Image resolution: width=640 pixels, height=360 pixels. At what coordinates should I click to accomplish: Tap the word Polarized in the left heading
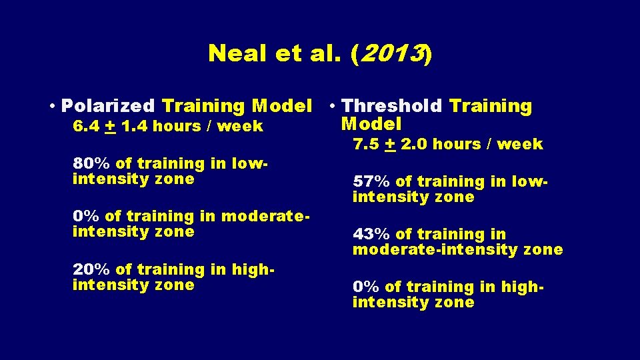coord(109,106)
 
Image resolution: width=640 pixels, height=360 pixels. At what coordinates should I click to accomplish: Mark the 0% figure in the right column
coord(365,287)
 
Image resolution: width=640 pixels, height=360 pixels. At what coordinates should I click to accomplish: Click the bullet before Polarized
coord(52,107)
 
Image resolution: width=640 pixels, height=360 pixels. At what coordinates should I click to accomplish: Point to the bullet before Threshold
coord(331,107)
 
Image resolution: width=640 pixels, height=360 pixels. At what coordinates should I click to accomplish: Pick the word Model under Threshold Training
coord(371,124)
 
